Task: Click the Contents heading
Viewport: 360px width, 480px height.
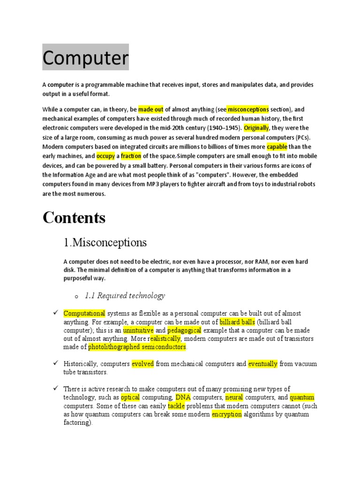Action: (74, 217)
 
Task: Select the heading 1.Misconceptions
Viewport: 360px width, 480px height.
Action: (105, 243)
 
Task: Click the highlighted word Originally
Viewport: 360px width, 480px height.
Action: (256, 127)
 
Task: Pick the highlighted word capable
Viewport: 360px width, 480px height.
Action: (277, 147)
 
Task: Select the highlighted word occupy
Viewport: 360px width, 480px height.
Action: (105, 156)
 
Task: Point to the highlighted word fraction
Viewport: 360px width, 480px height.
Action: (131, 156)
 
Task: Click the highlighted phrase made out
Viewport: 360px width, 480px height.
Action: (151, 109)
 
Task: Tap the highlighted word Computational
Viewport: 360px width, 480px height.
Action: (84, 313)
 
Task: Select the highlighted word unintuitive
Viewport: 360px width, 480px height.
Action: (138, 330)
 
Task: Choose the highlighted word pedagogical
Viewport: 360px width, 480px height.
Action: (184, 330)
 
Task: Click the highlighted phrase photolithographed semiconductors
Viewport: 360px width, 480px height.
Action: (137, 347)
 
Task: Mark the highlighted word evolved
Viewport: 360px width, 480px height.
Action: (142, 364)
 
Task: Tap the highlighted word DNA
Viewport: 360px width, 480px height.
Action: (183, 397)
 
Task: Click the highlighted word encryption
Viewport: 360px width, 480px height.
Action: (227, 414)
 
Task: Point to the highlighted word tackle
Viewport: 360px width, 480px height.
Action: (176, 406)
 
